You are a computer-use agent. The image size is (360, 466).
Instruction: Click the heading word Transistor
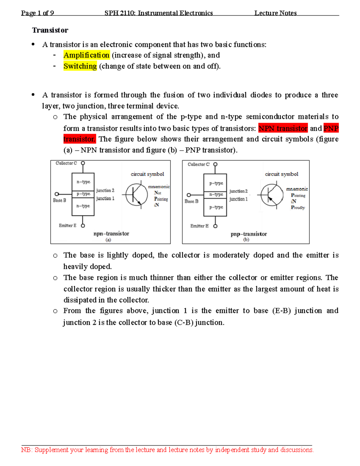[x=50, y=30]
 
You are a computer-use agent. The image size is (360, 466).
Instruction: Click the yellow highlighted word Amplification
[x=86, y=55]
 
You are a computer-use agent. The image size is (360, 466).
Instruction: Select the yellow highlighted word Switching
[x=80, y=66]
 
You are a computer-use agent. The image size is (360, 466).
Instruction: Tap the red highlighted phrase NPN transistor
[x=283, y=128]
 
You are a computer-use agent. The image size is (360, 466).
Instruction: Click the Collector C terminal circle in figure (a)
[x=83, y=163]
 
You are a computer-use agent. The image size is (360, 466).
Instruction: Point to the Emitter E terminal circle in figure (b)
[x=215, y=226]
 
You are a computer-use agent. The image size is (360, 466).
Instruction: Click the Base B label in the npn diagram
[x=59, y=200]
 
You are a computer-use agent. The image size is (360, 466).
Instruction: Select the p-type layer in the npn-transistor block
[x=83, y=194]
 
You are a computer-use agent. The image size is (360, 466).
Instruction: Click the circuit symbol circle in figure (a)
[x=136, y=195]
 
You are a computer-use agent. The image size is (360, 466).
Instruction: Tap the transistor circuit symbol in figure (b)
[x=272, y=195]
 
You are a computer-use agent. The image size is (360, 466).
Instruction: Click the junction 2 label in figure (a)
[x=105, y=190]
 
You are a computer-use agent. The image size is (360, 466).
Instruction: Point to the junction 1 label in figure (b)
[x=238, y=199]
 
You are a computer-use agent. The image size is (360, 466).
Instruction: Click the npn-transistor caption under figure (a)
[x=111, y=233]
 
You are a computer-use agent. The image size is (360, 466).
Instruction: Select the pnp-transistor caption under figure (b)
[x=249, y=234]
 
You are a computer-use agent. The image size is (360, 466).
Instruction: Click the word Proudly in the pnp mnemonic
[x=298, y=207]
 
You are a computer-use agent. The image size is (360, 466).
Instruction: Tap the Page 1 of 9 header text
[x=37, y=13]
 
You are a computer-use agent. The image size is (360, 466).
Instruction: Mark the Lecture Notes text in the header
[x=275, y=13]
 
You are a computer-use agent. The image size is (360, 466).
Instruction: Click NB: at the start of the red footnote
[x=27, y=450]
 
